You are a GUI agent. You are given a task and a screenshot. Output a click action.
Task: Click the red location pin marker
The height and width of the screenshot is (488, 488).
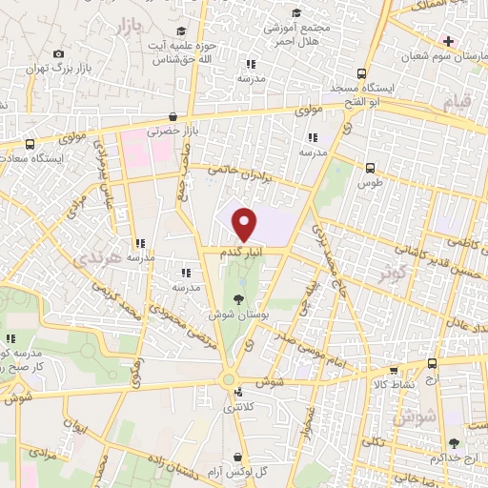[245, 223]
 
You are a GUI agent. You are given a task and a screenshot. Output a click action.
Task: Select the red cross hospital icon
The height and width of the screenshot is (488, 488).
[449, 41]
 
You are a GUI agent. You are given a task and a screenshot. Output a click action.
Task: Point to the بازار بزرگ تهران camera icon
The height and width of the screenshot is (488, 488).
[59, 54]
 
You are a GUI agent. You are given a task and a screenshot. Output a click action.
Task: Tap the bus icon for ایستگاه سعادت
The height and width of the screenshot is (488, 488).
[30, 144]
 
